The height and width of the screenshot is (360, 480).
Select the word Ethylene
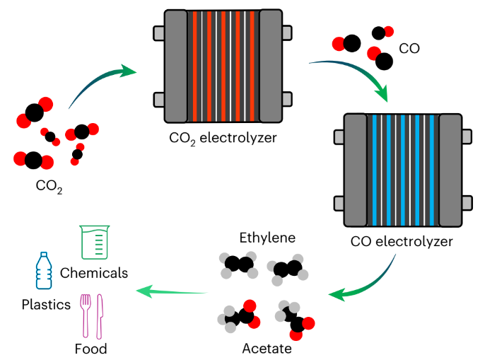click(x=267, y=237)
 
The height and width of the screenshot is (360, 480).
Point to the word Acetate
click(x=267, y=348)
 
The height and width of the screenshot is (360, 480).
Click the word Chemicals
click(x=94, y=273)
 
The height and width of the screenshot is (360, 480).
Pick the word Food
click(x=90, y=349)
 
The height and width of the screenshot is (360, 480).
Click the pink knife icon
click(x=100, y=315)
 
